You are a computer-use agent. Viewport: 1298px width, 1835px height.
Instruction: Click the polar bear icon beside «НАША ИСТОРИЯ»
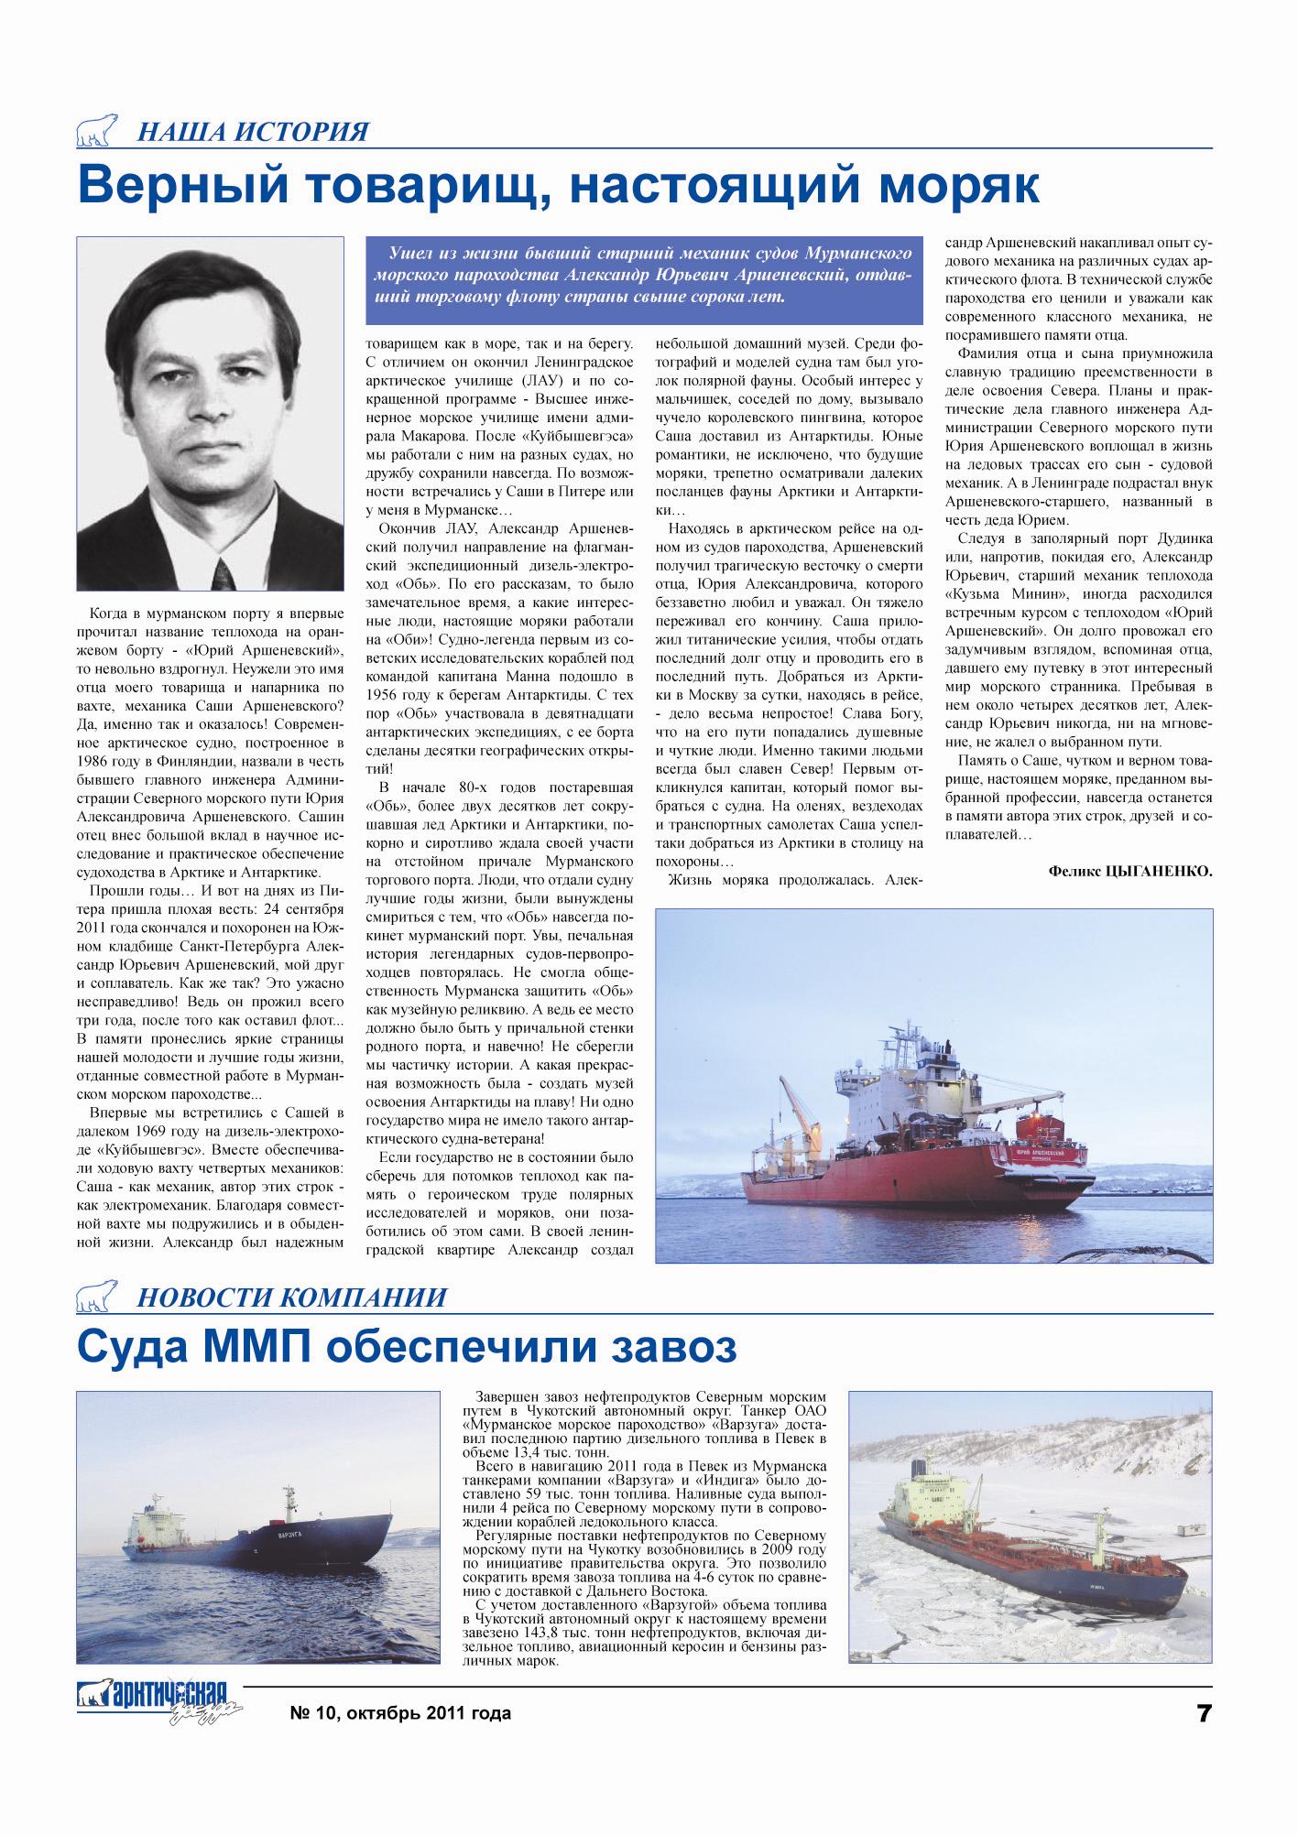(x=99, y=132)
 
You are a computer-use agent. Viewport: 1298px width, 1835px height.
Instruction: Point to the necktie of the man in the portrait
(x=223, y=571)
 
